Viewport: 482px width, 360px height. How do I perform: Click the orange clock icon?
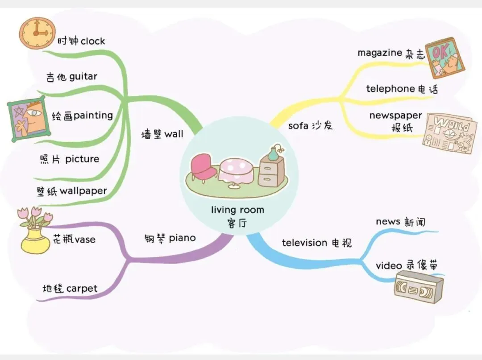tap(36, 33)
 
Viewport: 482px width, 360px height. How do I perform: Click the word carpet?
tap(82, 289)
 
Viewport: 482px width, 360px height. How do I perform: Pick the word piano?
tap(182, 238)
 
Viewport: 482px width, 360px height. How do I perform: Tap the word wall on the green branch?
tap(174, 134)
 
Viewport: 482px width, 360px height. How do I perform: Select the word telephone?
tap(391, 89)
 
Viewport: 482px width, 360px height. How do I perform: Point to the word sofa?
tap(298, 125)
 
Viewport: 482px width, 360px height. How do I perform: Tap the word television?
tap(305, 243)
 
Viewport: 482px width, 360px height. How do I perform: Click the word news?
tap(388, 221)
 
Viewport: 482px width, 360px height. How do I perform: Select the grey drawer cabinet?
tap(271, 172)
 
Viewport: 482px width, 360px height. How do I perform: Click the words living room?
tap(237, 210)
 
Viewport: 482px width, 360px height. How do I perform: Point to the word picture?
tap(82, 159)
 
